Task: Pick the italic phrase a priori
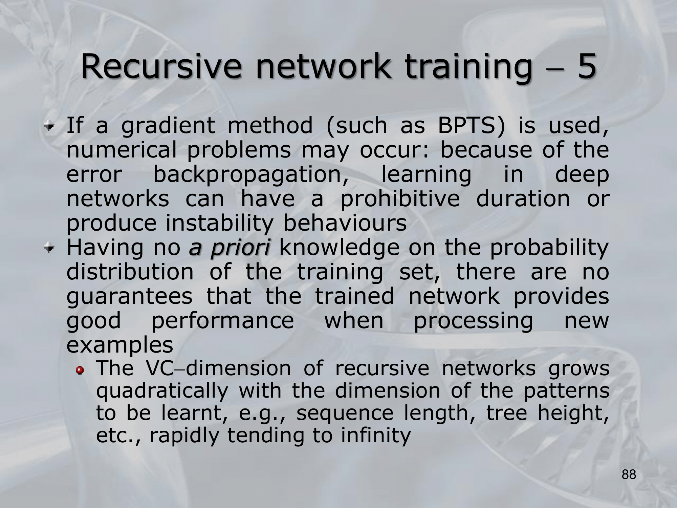pyautogui.click(x=229, y=249)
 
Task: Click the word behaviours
pyautogui.click(x=345, y=224)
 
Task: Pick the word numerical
pyautogui.click(x=122, y=150)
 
